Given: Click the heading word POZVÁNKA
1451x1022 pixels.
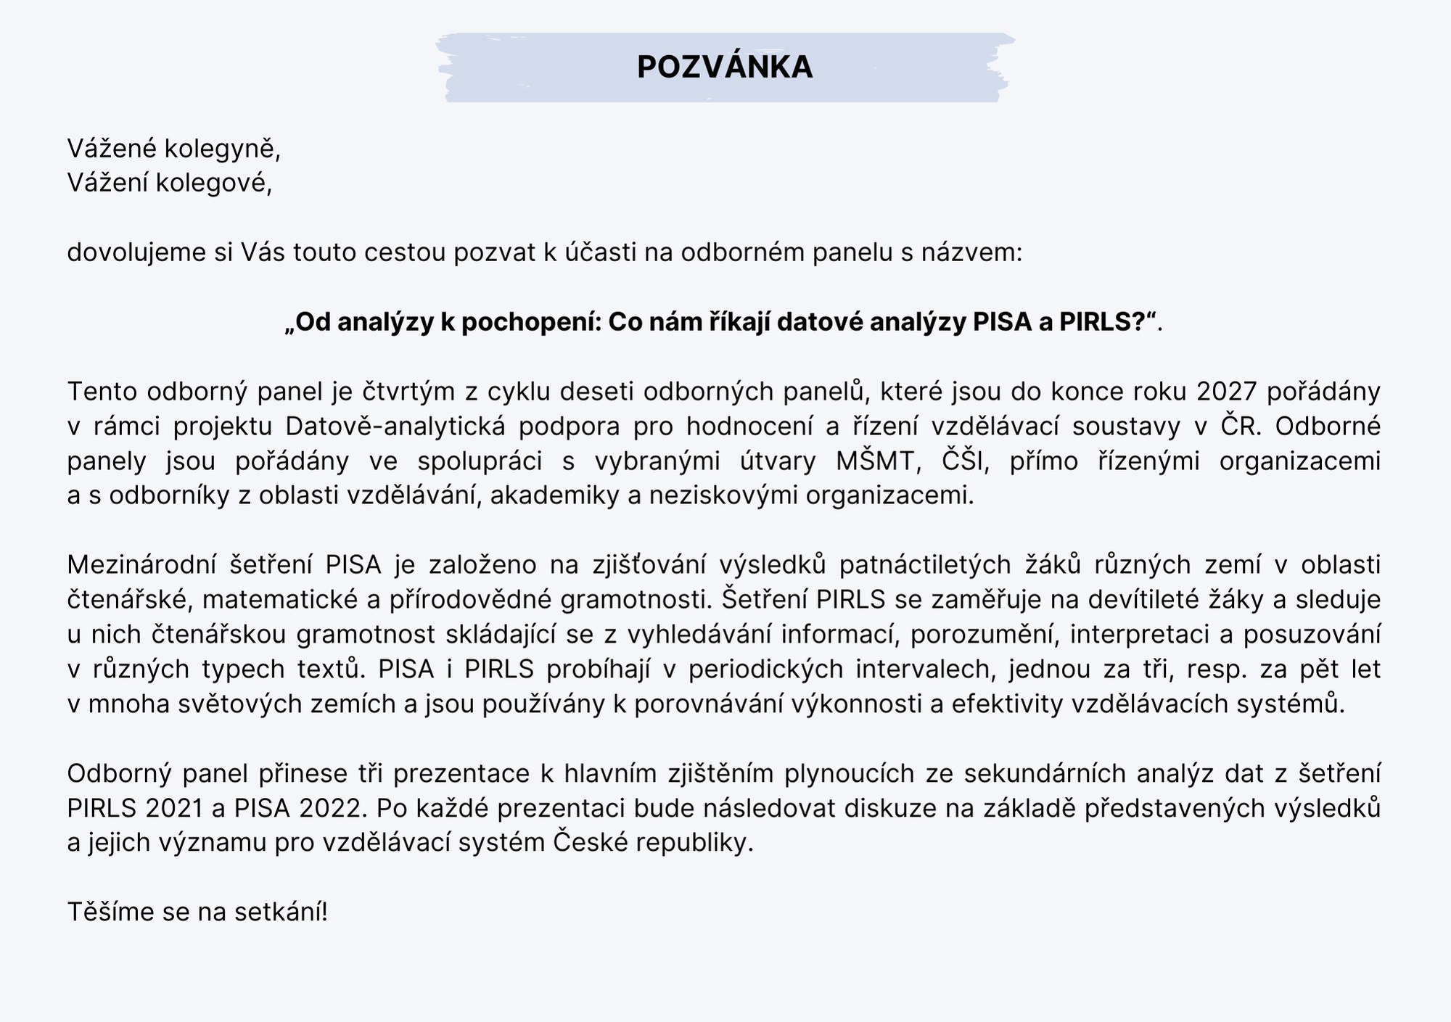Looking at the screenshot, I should coord(725,67).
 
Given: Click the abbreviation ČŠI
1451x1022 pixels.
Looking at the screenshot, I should coord(966,461).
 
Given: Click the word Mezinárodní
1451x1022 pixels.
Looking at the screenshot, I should coord(140,564).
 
